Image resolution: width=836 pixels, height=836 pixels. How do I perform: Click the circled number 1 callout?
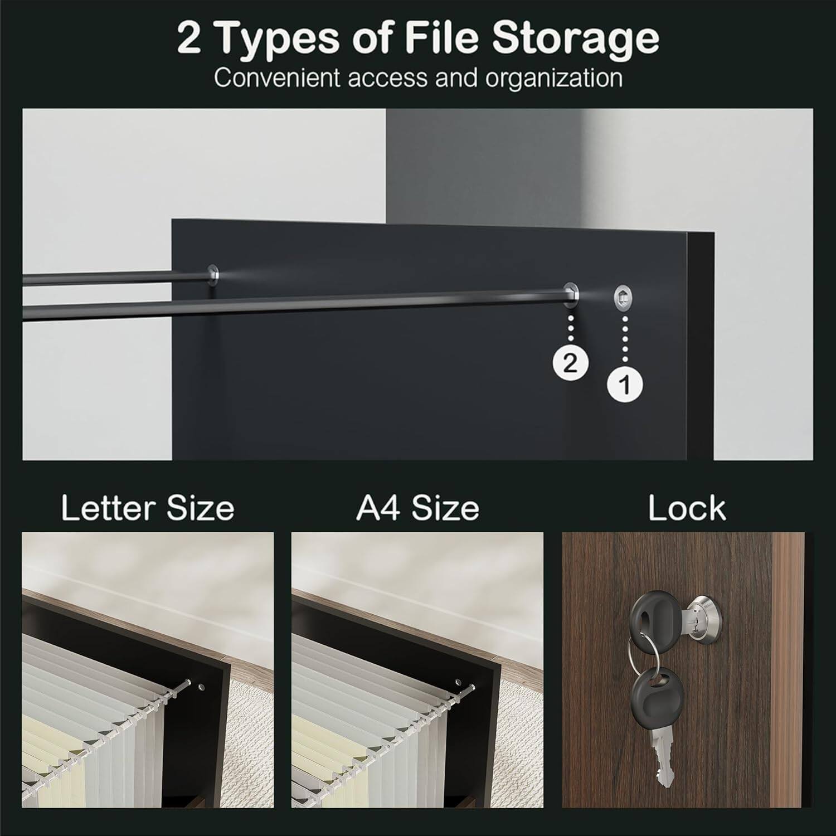tap(625, 384)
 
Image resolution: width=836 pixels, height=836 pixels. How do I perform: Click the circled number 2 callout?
tap(570, 363)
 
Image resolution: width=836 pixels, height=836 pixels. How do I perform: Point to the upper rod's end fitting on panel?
tap(213, 273)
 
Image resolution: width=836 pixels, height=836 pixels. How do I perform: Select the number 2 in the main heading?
tap(189, 39)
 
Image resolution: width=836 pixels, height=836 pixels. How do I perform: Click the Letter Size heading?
tap(148, 508)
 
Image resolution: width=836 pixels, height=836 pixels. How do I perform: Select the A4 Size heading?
tap(417, 508)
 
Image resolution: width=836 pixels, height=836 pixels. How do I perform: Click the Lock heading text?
tap(687, 508)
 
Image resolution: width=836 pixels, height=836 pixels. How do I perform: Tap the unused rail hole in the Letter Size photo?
tap(201, 684)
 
